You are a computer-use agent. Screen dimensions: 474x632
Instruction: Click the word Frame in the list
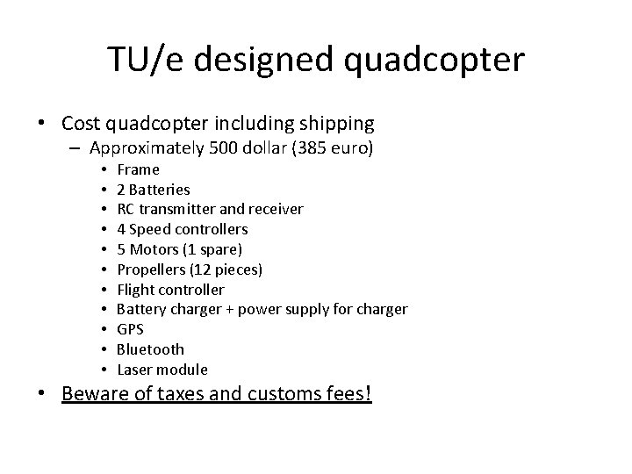[138, 169]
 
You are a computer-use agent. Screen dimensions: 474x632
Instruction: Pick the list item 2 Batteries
[153, 189]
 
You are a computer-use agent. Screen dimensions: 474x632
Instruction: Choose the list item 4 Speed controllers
[182, 229]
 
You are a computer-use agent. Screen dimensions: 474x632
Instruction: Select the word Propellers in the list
[150, 269]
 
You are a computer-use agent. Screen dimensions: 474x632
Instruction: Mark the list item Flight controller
[170, 289]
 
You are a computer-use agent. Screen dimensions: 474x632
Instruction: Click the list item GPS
[130, 329]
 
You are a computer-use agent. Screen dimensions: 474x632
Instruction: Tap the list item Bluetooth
[150, 349]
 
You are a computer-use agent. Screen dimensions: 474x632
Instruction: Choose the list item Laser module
[162, 370]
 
